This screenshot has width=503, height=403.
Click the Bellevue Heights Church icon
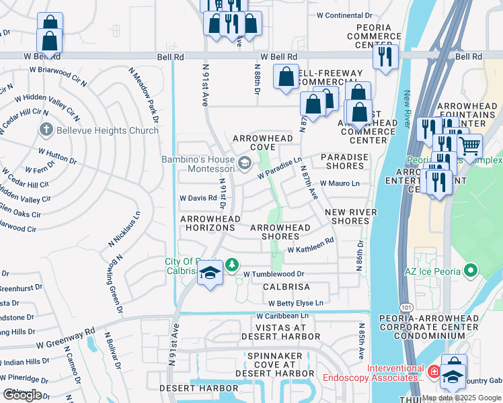[46, 129]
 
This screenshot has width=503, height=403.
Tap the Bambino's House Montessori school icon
[245, 161]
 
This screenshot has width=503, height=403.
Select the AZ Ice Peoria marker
[471, 271]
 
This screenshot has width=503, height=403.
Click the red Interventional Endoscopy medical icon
[434, 370]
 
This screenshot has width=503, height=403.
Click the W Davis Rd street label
[198, 198]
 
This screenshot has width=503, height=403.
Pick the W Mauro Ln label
[340, 183]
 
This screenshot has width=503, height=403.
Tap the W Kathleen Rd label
[310, 245]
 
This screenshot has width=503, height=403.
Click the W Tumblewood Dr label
[274, 274]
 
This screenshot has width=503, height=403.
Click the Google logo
[22, 395]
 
